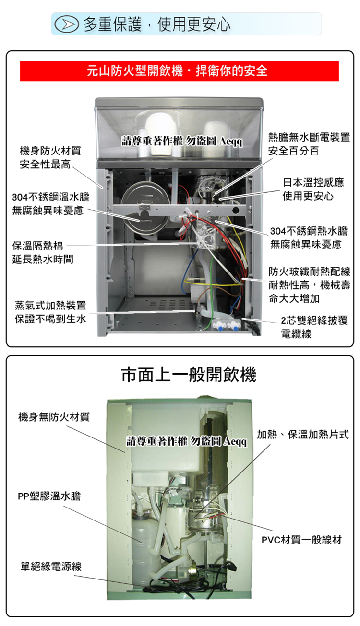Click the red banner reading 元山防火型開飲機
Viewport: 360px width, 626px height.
(180, 71)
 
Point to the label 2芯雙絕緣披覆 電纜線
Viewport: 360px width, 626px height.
(310, 327)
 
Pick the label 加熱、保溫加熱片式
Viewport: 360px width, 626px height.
(303, 435)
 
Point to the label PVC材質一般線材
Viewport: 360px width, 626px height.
(302, 540)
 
